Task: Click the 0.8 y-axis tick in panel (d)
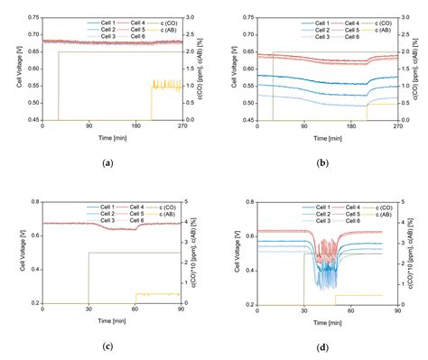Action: coord(248,202)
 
